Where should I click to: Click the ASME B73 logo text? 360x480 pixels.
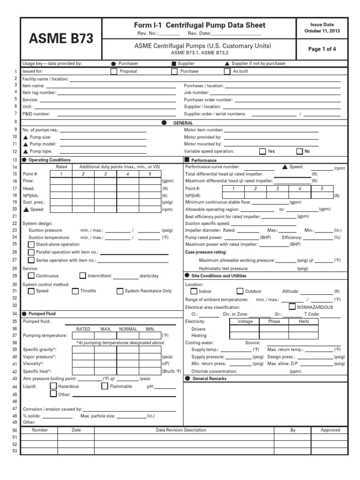tap(60, 39)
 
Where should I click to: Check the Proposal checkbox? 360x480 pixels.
tap(113, 72)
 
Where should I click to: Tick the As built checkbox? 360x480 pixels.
tap(227, 72)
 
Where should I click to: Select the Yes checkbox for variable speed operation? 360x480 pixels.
tap(262, 151)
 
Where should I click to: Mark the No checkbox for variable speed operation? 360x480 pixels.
tap(300, 151)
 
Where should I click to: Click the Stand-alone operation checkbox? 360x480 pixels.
tap(31, 244)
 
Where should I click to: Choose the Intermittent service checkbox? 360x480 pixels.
tap(82, 276)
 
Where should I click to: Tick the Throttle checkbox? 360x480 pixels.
tap(75, 291)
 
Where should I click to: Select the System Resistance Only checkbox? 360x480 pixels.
tap(120, 291)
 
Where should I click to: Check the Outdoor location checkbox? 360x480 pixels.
tap(240, 291)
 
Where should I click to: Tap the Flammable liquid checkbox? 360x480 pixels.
tap(105, 386)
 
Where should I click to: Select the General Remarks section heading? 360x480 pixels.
tap(209, 378)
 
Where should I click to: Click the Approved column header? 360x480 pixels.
tap(330, 430)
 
